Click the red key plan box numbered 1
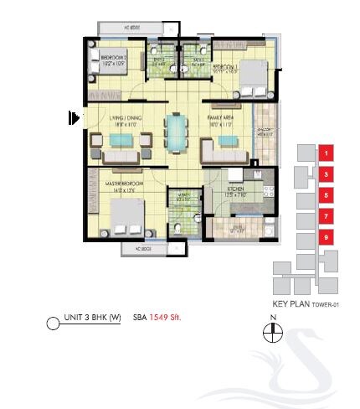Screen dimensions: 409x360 click(x=327, y=153)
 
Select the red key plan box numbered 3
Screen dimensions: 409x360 click(x=327, y=174)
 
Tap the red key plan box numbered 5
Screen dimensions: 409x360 click(x=327, y=195)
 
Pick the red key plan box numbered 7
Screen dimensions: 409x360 click(x=327, y=216)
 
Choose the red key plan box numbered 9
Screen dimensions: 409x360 click(x=327, y=237)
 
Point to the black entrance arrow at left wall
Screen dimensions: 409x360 click(x=74, y=118)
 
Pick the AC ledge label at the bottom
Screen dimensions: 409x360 click(x=131, y=249)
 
